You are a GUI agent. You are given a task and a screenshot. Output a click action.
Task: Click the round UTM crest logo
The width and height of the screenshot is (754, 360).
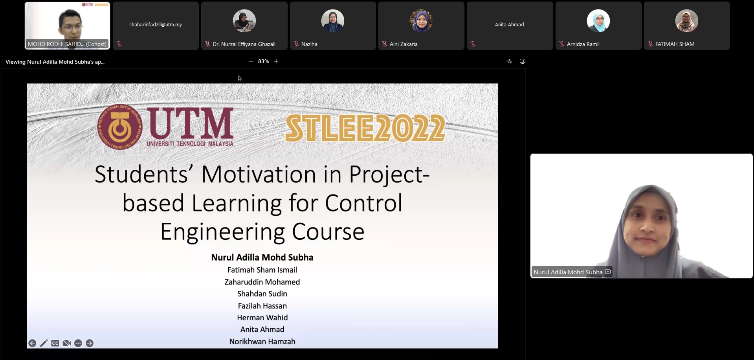[120, 127]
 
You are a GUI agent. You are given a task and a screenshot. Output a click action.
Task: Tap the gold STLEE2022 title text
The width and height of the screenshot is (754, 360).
[365, 128]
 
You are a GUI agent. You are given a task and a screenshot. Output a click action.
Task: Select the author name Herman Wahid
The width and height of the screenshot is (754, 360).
[262, 318]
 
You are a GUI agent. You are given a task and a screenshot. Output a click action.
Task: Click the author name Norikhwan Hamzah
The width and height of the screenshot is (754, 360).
[262, 342]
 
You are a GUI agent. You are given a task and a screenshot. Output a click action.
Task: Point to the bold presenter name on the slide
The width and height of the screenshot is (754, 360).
[262, 257]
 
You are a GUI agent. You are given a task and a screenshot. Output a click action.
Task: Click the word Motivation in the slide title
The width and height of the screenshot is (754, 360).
[259, 174]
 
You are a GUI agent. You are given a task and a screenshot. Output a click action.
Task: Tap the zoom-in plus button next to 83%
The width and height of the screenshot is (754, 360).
[276, 61]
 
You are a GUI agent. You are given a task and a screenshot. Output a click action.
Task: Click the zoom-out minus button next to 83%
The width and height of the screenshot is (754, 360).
[251, 61]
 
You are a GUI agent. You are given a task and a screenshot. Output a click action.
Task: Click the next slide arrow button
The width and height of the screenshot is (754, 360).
[90, 343]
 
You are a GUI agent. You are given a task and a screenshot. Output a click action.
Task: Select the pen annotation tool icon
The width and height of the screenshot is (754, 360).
[44, 343]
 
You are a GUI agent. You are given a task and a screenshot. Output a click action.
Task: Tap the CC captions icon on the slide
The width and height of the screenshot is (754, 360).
[55, 343]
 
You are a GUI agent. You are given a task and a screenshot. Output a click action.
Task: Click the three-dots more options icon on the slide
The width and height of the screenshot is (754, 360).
[78, 343]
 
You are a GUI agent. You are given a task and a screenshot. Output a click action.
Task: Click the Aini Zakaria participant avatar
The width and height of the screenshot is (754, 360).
[421, 21]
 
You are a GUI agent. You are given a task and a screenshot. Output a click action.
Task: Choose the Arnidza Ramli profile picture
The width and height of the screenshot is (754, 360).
[598, 21]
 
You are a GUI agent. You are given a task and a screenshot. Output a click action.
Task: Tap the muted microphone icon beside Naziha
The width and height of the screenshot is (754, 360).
[296, 44]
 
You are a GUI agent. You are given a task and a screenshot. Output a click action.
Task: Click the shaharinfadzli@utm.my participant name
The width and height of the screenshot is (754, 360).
[156, 24]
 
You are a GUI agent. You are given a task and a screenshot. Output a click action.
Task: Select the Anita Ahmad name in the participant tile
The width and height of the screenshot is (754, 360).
[510, 24]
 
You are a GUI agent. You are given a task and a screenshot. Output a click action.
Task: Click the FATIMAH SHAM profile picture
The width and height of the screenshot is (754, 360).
[687, 21]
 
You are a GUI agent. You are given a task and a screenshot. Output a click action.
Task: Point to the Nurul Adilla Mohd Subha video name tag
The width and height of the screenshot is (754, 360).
[568, 272]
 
